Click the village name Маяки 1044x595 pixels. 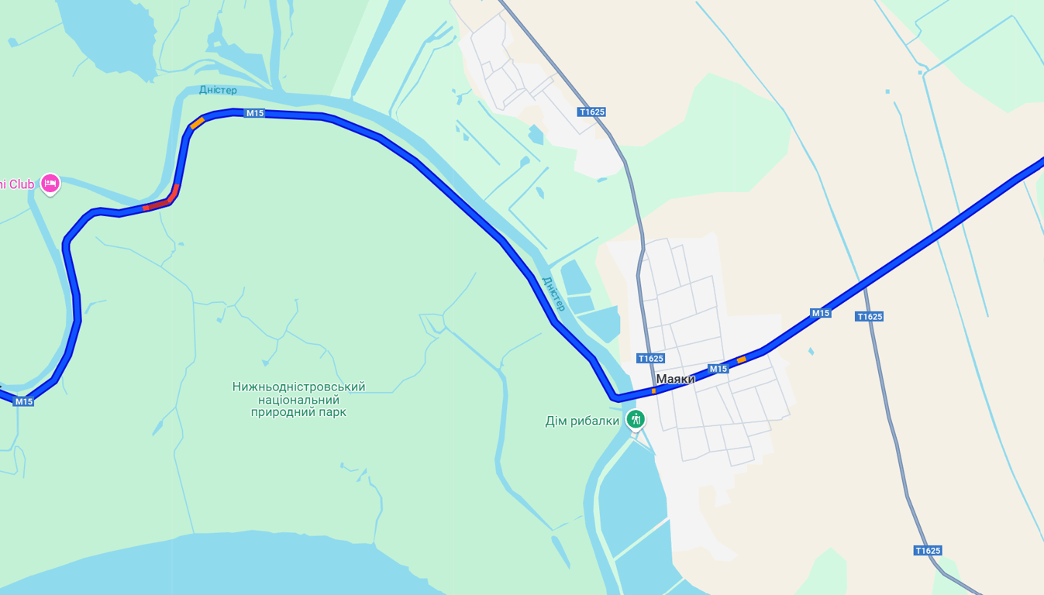[x=675, y=379]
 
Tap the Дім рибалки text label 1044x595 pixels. [x=582, y=421]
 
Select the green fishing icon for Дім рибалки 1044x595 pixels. [x=636, y=420]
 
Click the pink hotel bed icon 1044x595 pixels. [x=50, y=184]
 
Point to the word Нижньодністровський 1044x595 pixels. [x=298, y=387]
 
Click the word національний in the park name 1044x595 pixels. [x=298, y=400]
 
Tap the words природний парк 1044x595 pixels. [x=298, y=412]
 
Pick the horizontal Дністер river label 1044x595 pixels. [x=218, y=90]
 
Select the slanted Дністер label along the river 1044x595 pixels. [x=553, y=293]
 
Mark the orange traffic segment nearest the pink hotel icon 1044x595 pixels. [x=198, y=122]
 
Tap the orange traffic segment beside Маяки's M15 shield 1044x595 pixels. [x=742, y=359]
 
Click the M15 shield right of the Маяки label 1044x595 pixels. [x=718, y=369]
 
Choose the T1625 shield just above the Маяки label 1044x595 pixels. [x=650, y=358]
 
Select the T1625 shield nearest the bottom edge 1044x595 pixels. [x=927, y=551]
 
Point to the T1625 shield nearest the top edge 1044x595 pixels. [x=591, y=112]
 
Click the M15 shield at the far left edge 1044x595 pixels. [x=23, y=401]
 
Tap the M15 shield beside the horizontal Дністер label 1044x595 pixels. [x=254, y=113]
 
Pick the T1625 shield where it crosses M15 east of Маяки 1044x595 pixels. [x=870, y=316]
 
